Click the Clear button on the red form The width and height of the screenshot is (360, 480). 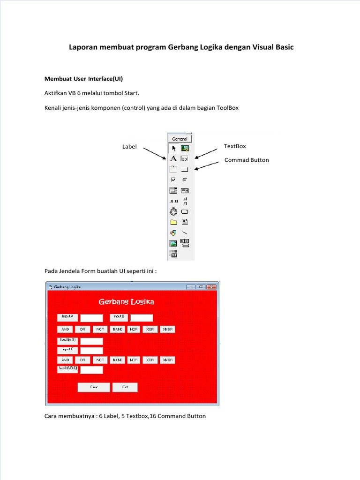tap(94, 387)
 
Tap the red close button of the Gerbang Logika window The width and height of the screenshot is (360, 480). tap(211, 287)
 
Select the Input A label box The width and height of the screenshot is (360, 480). tap(67, 317)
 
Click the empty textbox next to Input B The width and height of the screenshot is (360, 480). tap(142, 318)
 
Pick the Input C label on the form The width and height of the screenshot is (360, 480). tap(67, 350)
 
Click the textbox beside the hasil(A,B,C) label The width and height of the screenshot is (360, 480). tap(91, 370)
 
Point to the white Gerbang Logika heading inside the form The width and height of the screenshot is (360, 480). tap(126, 301)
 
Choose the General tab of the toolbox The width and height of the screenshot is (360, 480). tap(180, 139)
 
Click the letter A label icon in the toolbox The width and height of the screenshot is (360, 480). tap(173, 158)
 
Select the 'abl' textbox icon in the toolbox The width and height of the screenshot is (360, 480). tap(185, 158)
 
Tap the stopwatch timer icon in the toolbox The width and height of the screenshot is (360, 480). tap(173, 211)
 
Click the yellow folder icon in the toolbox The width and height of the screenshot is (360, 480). tap(173, 222)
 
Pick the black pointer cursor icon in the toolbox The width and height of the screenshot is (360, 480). tap(173, 148)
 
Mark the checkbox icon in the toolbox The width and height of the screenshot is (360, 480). tap(173, 180)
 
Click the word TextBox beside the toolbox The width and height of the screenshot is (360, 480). tap(235, 146)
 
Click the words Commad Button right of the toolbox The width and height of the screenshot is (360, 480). tap(247, 160)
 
